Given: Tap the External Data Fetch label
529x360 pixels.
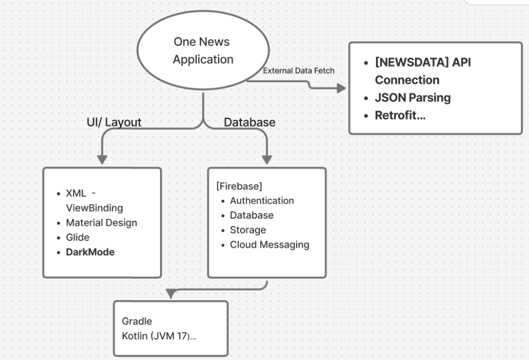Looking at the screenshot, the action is (299, 71).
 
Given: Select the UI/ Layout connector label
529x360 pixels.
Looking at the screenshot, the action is (114, 122).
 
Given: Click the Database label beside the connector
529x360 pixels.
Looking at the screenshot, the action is (249, 122).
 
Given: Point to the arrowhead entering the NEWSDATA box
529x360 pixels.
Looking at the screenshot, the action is (342, 88).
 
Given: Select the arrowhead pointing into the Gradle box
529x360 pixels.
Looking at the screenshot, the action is (171, 294).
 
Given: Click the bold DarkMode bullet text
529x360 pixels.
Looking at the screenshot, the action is (90, 252).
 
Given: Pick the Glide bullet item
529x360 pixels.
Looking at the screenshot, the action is (78, 237).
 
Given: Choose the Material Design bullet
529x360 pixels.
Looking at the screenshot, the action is (101, 223).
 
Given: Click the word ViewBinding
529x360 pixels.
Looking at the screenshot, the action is (94, 208).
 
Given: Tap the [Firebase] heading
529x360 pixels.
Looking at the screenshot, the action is (239, 186).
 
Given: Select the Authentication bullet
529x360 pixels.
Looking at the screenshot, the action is (262, 201).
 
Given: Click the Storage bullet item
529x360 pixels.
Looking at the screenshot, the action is (248, 230).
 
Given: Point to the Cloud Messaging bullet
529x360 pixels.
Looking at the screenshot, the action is (270, 245).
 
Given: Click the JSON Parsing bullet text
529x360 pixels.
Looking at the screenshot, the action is (413, 98).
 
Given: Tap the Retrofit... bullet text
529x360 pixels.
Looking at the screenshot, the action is (400, 115).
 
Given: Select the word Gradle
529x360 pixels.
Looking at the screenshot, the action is (137, 321).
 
